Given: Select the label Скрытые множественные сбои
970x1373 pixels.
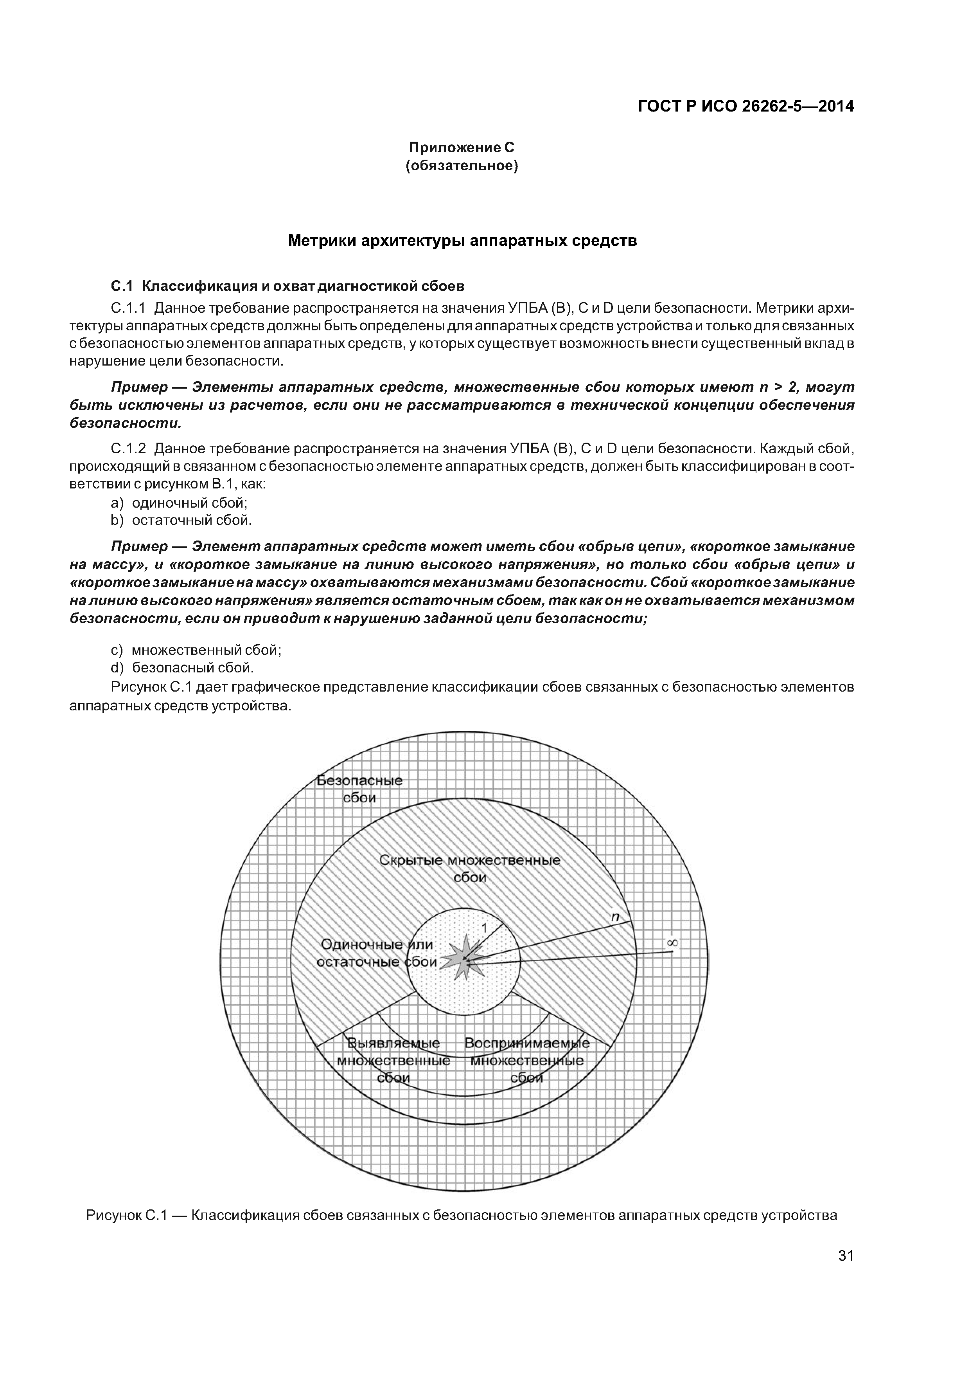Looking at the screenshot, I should click(470, 868).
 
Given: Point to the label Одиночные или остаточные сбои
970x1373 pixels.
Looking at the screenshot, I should click(377, 953).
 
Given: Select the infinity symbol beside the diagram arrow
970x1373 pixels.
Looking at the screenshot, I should click(672, 942).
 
